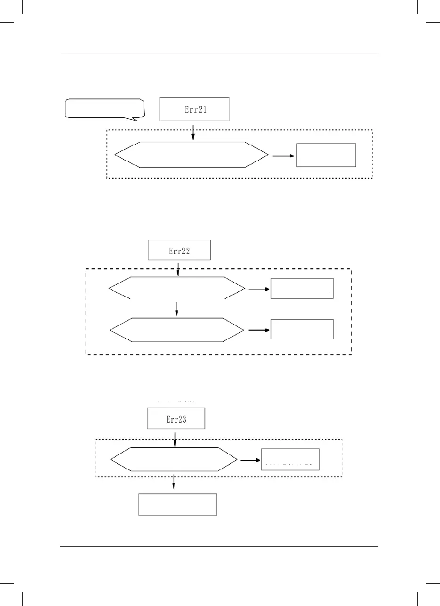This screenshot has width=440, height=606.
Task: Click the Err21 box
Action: click(x=195, y=109)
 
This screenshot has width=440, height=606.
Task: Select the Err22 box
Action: click(x=179, y=250)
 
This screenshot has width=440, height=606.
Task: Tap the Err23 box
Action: click(x=176, y=419)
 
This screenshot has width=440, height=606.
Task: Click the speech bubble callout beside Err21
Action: click(x=104, y=108)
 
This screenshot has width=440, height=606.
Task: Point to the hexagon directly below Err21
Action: click(x=192, y=155)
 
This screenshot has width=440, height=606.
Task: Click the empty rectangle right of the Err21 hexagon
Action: click(x=326, y=155)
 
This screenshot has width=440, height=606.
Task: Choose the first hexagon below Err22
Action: click(x=177, y=288)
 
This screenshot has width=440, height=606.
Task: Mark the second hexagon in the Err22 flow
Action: click(x=177, y=330)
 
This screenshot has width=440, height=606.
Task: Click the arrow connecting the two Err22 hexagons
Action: click(x=177, y=308)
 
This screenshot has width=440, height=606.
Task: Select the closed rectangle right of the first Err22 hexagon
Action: click(x=302, y=288)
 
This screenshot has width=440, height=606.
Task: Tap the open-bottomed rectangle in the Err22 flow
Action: click(x=302, y=329)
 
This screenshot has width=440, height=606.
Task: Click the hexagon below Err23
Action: click(x=174, y=459)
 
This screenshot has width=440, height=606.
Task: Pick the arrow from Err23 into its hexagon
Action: click(x=175, y=438)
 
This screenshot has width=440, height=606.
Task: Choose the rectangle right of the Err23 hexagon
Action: click(x=290, y=459)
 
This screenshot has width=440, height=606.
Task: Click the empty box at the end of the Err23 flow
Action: click(x=178, y=504)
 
